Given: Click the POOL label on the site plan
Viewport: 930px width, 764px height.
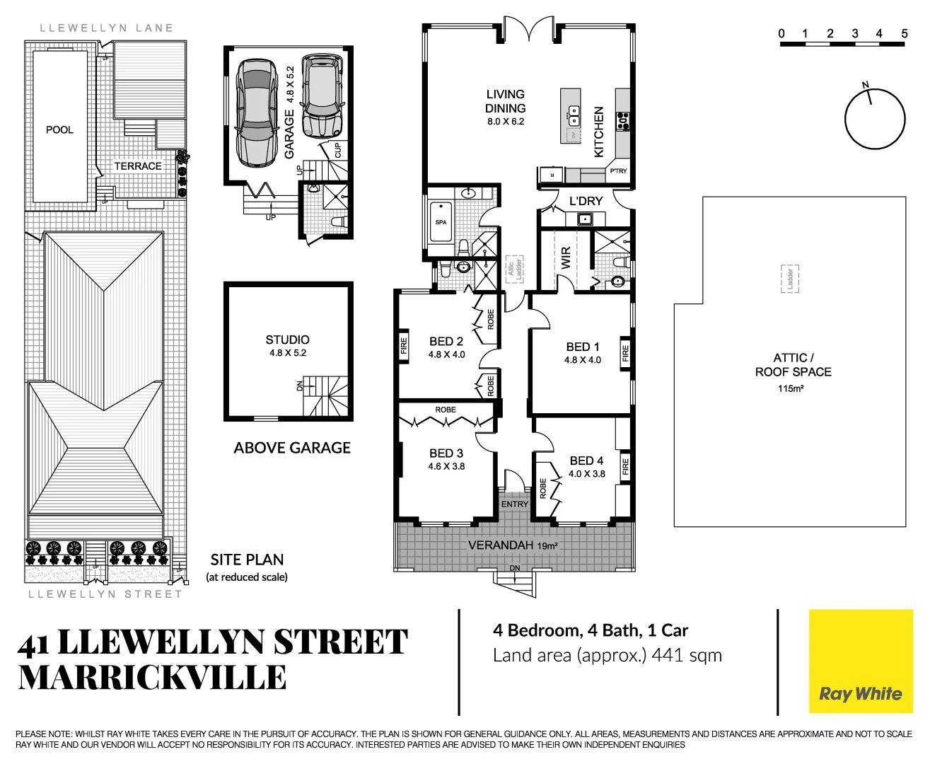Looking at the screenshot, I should pos(59,129).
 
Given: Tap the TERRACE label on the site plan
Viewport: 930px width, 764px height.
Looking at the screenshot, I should pos(138,166).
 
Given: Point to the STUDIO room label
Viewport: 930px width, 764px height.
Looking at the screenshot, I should pos(287,340).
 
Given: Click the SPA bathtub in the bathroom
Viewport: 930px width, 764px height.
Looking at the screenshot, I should pos(441,222).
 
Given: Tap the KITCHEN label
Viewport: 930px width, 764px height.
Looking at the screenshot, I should pos(599,132).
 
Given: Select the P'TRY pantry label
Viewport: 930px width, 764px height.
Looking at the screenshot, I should pos(618,171).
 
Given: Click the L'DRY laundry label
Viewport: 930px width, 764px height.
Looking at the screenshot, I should pos(586,202).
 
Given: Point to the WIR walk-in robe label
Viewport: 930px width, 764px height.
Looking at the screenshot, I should pos(566,257).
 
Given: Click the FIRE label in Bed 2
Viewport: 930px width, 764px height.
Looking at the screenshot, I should pos(404,346).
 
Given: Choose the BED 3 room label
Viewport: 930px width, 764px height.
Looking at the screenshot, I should pos(446,453).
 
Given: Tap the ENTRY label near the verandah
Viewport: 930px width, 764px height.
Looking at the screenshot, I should pos(514,504).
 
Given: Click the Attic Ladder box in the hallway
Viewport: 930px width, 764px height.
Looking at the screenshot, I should pos(514,269).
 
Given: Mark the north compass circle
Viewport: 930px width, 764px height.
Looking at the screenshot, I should pos(875,118).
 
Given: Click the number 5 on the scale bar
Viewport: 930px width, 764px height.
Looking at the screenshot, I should pos(904,33).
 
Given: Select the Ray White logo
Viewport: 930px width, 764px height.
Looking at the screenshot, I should pos(861,662).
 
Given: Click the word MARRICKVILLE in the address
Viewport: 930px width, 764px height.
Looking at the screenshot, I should pos(152,678).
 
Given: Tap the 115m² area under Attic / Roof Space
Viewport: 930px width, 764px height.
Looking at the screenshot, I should pos(791,388).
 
